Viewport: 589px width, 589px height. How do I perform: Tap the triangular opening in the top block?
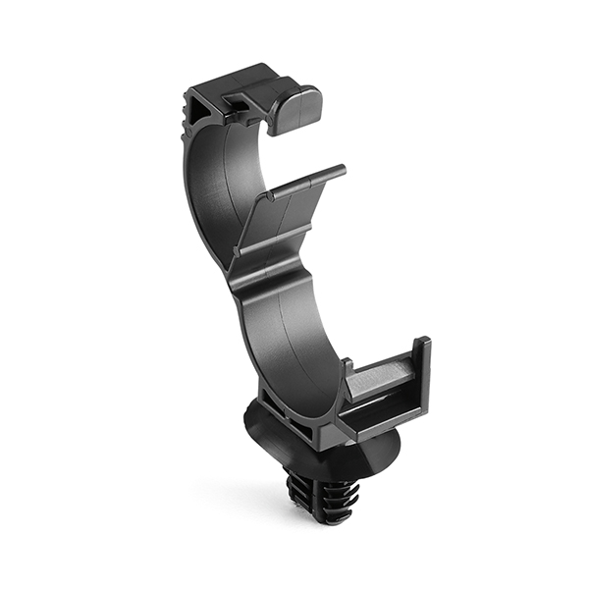202,107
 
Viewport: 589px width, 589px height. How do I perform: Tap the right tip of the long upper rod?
342,170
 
